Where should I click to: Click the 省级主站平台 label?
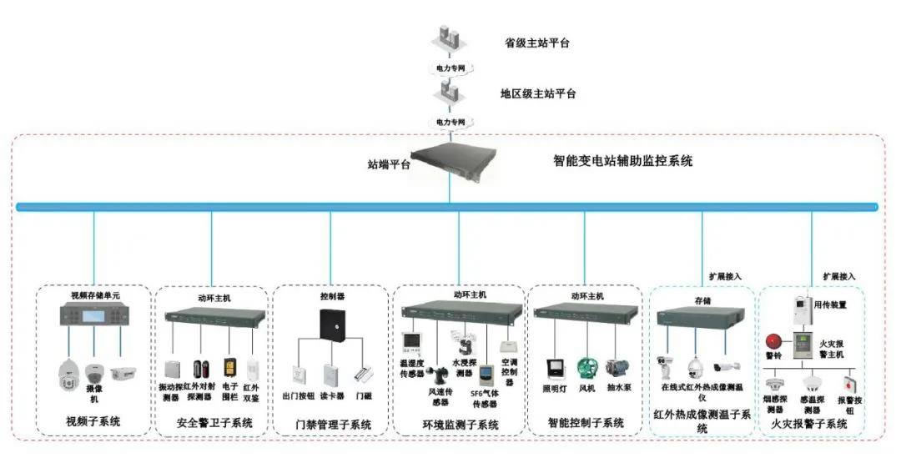(x=536, y=43)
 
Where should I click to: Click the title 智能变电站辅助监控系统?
(x=622, y=161)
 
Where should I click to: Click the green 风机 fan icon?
(x=588, y=368)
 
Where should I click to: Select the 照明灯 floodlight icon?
(x=554, y=369)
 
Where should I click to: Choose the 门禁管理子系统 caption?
(x=332, y=425)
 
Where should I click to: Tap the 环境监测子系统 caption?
(x=460, y=425)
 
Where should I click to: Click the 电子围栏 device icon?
(x=229, y=367)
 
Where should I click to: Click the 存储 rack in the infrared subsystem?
(x=701, y=316)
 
